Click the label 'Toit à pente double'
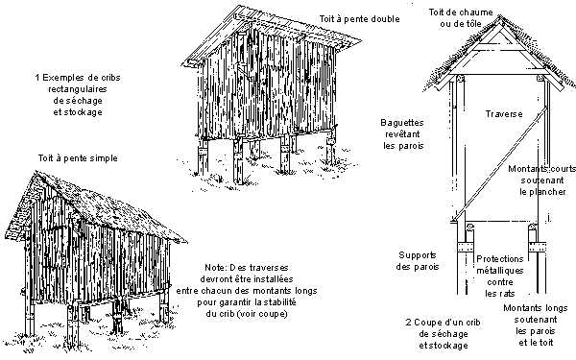(x=359, y=19)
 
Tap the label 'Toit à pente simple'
(x=78, y=158)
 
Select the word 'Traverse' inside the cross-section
(x=504, y=114)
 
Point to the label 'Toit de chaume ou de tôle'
(x=461, y=18)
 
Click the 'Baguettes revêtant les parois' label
(x=403, y=134)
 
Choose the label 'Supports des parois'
(x=418, y=261)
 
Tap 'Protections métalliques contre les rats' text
(x=499, y=276)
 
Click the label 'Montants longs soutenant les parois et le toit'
(x=536, y=325)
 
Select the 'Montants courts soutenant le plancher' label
(x=542, y=180)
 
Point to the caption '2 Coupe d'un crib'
(x=443, y=323)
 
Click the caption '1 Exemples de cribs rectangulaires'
(x=78, y=84)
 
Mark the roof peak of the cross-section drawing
(x=499, y=16)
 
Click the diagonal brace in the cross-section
(x=501, y=163)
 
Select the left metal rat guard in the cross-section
(x=466, y=248)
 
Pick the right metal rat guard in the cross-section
(x=537, y=248)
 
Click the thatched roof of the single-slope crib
(x=99, y=205)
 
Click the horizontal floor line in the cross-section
(x=498, y=222)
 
